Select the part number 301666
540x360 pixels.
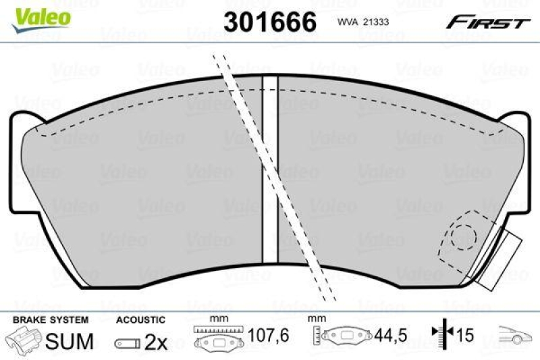click(269, 22)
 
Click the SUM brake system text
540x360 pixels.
click(70, 341)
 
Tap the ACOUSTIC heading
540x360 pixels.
click(141, 319)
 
